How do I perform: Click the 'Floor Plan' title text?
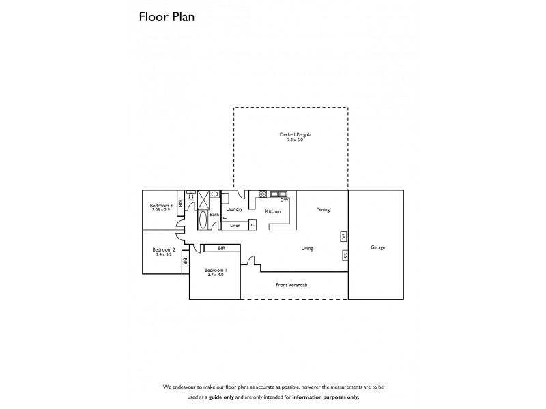click(x=167, y=17)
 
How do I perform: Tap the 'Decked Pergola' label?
click(x=291, y=134)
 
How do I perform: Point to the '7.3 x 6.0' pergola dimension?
click(x=291, y=140)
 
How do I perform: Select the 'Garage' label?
click(x=377, y=247)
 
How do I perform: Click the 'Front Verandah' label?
click(x=291, y=284)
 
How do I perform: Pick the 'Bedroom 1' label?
click(x=215, y=270)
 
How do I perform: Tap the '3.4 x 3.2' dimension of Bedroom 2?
click(x=164, y=254)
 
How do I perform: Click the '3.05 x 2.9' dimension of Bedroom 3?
click(x=160, y=210)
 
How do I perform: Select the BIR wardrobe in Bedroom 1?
click(x=222, y=249)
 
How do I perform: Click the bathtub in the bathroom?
click(x=203, y=219)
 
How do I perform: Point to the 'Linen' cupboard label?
click(x=235, y=225)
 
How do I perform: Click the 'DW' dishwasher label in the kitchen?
click(x=284, y=200)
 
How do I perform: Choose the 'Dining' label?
click(x=323, y=210)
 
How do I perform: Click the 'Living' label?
click(x=307, y=249)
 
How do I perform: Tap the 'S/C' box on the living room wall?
click(x=343, y=237)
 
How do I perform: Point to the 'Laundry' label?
click(x=235, y=209)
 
